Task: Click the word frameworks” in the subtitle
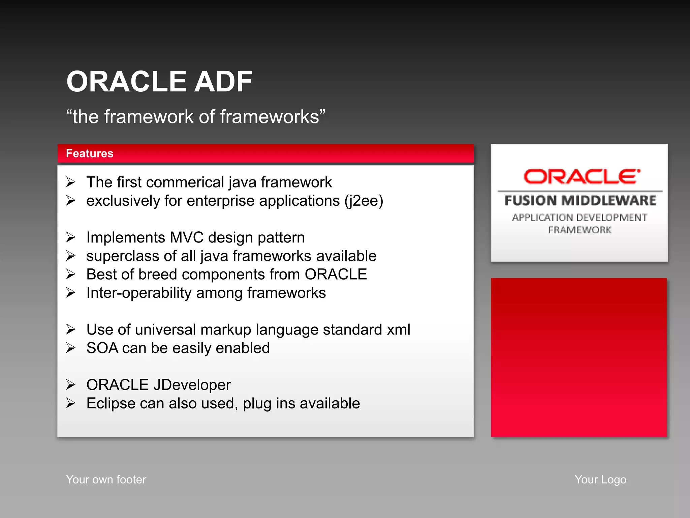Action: click(273, 117)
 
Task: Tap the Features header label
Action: click(90, 153)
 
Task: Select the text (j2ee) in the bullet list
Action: click(364, 201)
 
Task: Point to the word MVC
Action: click(187, 238)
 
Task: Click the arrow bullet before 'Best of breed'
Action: click(71, 274)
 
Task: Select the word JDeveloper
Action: click(192, 385)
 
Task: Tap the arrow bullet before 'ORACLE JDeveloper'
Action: click(71, 385)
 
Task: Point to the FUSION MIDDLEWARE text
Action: click(580, 201)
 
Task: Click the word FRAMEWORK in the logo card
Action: click(579, 230)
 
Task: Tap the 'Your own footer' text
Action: click(106, 480)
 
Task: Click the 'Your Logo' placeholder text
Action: click(600, 480)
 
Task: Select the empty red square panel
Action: click(578, 357)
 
